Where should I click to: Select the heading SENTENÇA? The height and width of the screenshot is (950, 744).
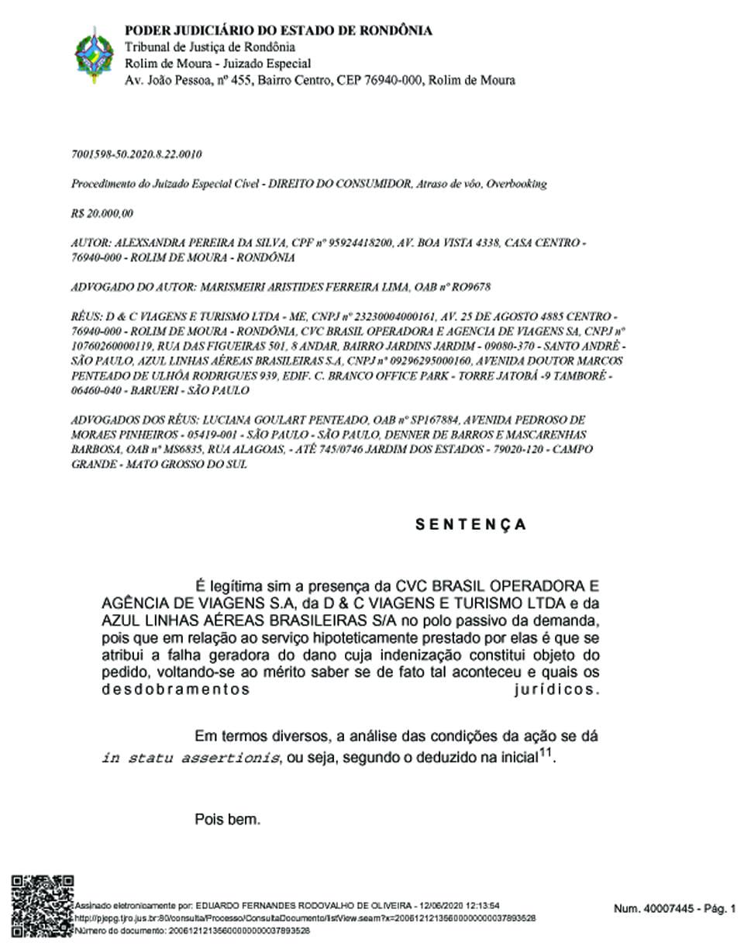(470, 525)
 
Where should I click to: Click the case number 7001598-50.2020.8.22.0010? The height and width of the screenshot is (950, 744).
(136, 155)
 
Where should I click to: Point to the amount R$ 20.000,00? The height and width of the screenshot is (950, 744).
(102, 213)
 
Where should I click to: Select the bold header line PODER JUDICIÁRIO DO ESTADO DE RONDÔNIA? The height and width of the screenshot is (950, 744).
(278, 31)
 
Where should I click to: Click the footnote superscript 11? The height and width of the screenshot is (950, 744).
(546, 752)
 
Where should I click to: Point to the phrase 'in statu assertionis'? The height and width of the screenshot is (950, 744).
(191, 758)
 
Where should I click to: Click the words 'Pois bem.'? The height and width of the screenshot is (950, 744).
(228, 819)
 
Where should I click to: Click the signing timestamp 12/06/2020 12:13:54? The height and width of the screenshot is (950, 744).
(458, 905)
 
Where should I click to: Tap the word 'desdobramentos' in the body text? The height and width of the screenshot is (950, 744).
(176, 689)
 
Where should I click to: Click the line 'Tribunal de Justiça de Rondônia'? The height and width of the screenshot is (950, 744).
(210, 47)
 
